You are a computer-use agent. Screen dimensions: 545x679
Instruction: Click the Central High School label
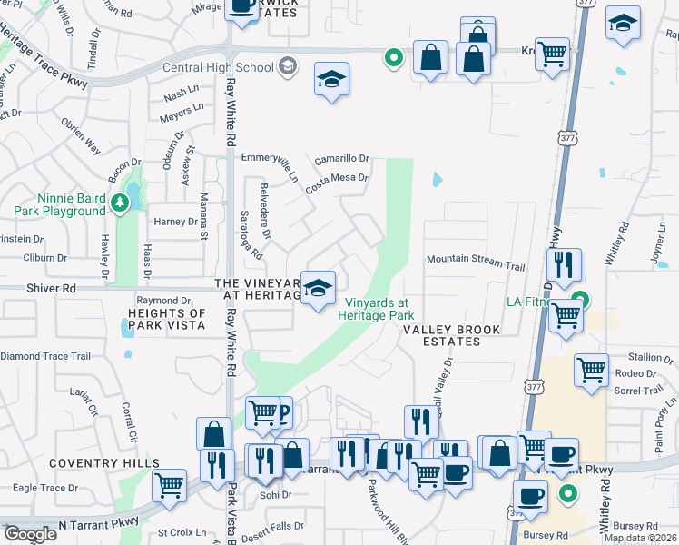[218, 67]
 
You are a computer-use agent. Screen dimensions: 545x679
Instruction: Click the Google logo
[30, 534]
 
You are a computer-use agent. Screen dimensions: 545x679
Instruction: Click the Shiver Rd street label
[30, 288]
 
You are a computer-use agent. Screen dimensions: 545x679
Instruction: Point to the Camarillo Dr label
[342, 159]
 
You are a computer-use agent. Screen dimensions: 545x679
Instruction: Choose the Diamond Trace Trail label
[45, 357]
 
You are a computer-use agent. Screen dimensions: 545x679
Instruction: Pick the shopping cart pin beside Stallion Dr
[591, 369]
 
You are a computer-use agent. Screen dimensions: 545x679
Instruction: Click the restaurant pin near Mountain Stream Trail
[563, 264]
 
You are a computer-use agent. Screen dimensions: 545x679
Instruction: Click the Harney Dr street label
[175, 222]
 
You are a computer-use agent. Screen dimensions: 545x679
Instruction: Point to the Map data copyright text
[640, 538]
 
